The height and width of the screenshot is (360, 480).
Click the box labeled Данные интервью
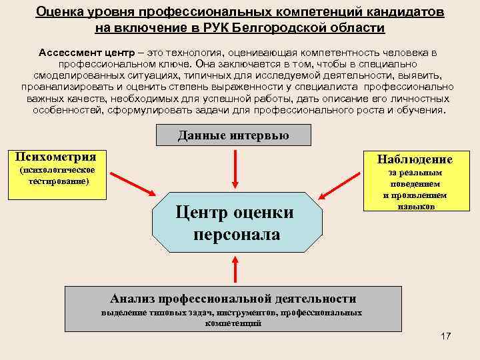coord(233,135)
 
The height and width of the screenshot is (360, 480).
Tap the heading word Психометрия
coord(56,157)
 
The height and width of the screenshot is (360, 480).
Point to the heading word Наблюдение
coord(415,159)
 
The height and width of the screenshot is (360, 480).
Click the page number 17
coord(445,336)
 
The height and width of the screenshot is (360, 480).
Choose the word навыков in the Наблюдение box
coord(415,207)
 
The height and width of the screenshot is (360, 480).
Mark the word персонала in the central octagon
coord(237,235)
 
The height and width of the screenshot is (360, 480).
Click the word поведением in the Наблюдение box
coord(415,184)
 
